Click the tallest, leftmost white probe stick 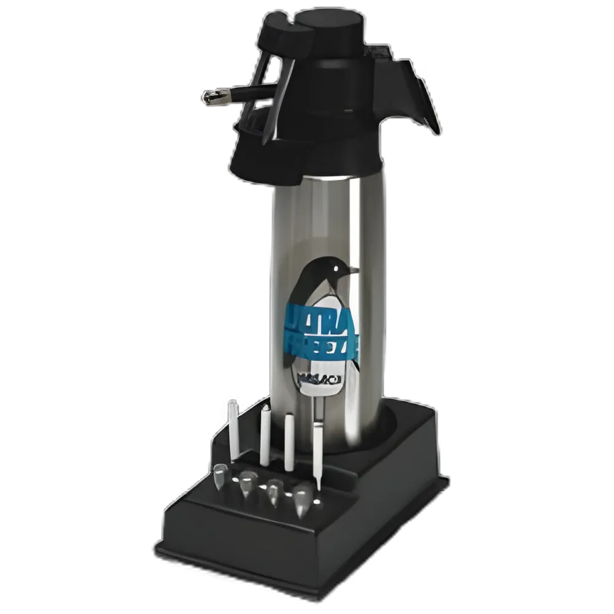[x=233, y=430]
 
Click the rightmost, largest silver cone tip [x=302, y=499]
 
